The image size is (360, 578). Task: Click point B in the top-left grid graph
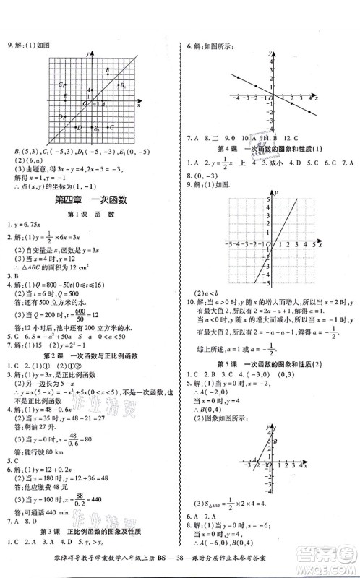click(x=107, y=71)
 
